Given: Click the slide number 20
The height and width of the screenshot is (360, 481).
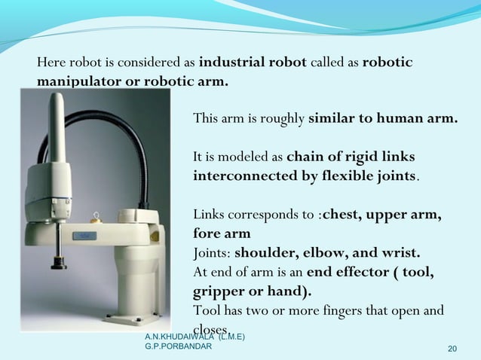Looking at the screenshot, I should point(452,348).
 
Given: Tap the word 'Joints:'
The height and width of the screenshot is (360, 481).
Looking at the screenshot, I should point(213,252).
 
